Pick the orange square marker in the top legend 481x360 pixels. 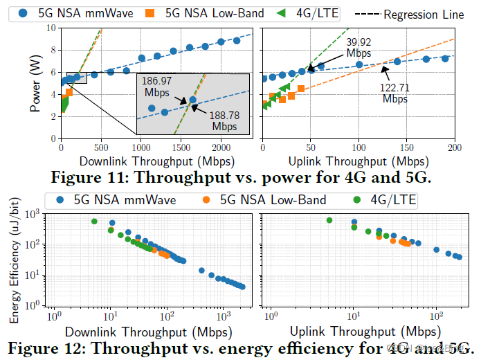tap(169, 12)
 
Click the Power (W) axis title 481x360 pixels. tap(35, 83)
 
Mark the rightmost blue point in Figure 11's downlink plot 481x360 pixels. tap(237, 40)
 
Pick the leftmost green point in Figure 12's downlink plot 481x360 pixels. tap(94, 222)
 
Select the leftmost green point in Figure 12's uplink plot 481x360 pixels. tap(329, 220)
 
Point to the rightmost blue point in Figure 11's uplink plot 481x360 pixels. tap(445, 59)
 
